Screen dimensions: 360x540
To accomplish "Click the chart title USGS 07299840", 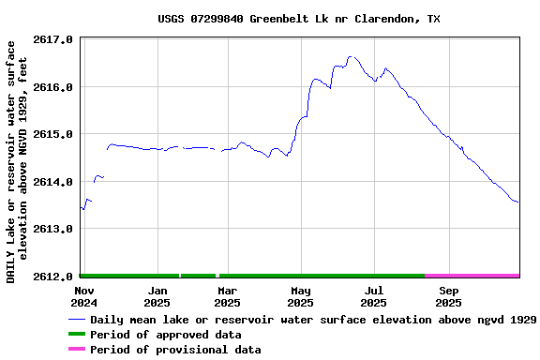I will (298, 19).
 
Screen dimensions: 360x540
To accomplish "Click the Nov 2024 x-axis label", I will (84, 296).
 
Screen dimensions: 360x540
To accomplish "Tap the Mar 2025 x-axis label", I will (227, 296).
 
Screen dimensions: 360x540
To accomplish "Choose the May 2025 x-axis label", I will (300, 296).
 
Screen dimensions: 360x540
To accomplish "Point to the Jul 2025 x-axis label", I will (373, 296).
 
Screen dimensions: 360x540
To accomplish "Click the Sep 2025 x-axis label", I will (448, 296).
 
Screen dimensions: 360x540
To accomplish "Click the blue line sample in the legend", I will (76, 320).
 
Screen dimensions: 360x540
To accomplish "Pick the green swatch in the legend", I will (76, 335).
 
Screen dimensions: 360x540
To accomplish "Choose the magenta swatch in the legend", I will (76, 350).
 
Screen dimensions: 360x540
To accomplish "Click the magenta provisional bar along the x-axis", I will (472, 276).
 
